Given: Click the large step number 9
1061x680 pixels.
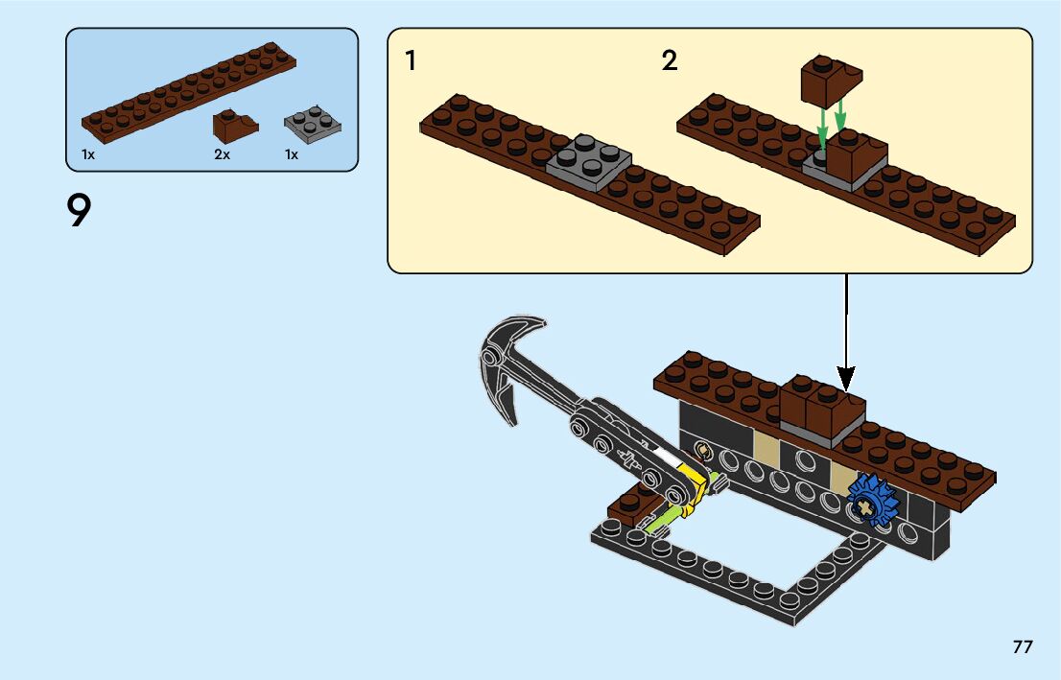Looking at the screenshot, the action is pos(79,210).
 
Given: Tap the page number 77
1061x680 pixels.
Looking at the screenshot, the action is pos(1023,646).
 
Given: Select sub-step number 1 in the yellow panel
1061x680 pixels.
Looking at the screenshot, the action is pos(410,60).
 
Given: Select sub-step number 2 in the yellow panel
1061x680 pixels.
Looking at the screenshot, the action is pos(669,60).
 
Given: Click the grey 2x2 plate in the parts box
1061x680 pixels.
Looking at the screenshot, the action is pos(312,124).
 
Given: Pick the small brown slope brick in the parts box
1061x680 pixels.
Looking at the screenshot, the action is pos(235,126).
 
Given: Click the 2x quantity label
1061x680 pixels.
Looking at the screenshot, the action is pos(222,155).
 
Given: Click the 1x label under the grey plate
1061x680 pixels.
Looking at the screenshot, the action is pos(291,155).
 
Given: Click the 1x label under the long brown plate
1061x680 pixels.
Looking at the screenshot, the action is pos(88,155).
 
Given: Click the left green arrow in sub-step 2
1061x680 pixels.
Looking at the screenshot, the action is pos(821,128).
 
